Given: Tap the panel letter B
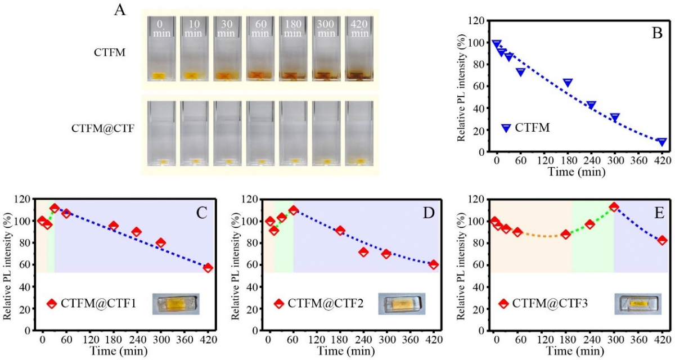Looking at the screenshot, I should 656,33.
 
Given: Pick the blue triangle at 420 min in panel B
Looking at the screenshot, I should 661,142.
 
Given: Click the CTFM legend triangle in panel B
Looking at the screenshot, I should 506,128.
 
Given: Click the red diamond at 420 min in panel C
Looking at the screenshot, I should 208,268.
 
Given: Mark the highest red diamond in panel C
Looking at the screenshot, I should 55,208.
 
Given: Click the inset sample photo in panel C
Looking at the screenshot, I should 175,304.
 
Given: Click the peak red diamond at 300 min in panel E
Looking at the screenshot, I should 614,207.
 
